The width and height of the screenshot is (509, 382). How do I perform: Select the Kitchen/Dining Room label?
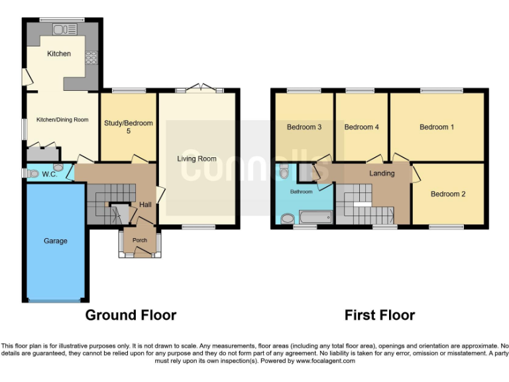[x=62, y=120]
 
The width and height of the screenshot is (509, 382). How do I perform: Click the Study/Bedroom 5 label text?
[x=128, y=127]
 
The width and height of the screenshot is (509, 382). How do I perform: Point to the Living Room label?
[x=197, y=159]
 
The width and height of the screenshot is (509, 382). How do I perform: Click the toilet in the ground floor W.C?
[x=32, y=173]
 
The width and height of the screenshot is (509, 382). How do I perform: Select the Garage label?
[x=56, y=241]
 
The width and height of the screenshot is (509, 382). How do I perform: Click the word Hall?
[x=145, y=205]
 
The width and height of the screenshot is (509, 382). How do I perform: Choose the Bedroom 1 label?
[x=437, y=127]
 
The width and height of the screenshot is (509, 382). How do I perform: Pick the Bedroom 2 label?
[x=448, y=194]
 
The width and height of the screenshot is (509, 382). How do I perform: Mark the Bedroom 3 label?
[x=304, y=127]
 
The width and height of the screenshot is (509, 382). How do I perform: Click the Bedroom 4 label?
[x=362, y=127]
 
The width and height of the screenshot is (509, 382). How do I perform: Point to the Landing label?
[x=382, y=174]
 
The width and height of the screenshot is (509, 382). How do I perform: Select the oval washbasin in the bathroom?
[x=288, y=218]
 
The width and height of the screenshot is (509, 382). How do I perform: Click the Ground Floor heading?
[x=131, y=315]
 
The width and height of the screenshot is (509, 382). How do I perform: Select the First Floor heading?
[x=380, y=315]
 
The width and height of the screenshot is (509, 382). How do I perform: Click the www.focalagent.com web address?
[x=325, y=361]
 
